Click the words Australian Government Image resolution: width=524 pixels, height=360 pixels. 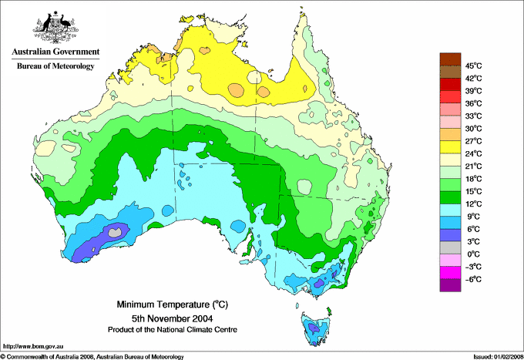pos(54,52)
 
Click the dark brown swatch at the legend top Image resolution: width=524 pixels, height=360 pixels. pos(448,59)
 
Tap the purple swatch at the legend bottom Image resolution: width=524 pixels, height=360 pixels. pos(448,285)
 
